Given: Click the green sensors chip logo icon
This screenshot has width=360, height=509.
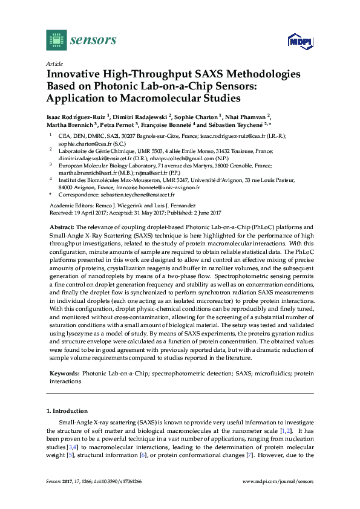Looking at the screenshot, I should click(56, 40).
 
